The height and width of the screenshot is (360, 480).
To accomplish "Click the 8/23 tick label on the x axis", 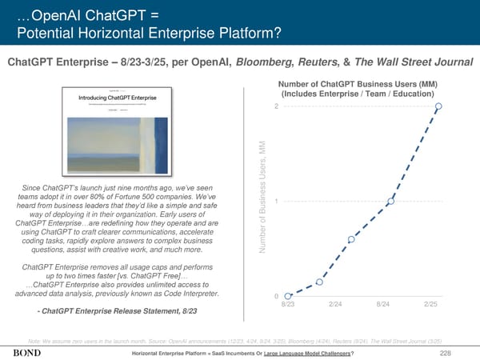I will (288, 305).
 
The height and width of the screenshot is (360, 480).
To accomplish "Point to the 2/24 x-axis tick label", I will (337, 305).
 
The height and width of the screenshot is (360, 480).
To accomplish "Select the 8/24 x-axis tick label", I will (386, 305).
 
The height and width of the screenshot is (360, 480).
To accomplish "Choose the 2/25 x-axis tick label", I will (430, 305).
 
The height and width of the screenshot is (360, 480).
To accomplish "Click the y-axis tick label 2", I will (276, 107).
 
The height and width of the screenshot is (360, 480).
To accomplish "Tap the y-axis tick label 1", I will (276, 202).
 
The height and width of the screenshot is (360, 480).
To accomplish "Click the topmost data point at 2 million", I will (438, 106).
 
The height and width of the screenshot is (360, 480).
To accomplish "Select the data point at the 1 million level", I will (392, 202).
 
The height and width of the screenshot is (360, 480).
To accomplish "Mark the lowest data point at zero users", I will (288, 296).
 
